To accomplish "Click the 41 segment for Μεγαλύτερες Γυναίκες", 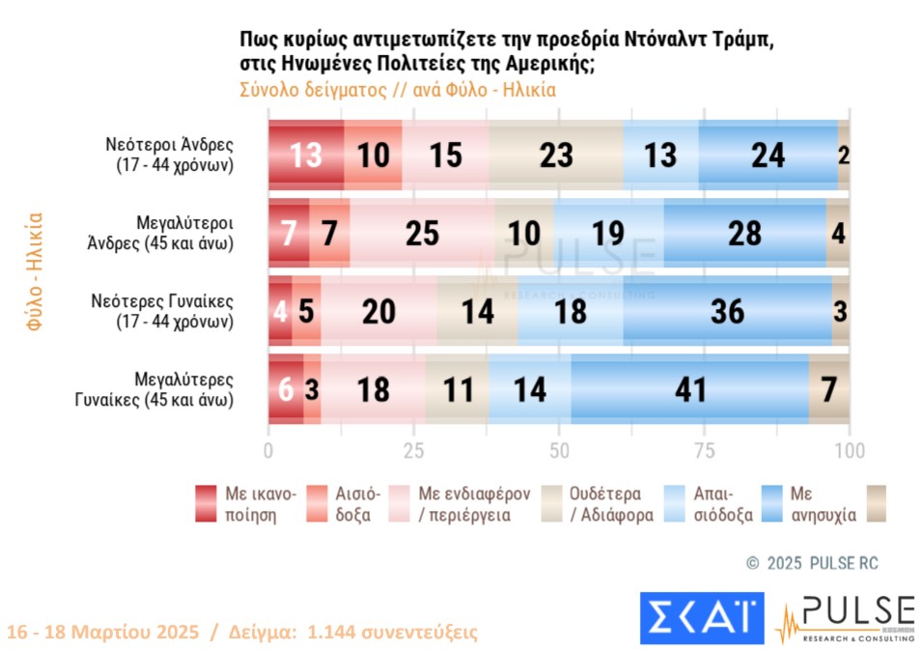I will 689,390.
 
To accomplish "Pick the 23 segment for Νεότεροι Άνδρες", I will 556,155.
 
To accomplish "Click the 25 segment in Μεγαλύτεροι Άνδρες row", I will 423,233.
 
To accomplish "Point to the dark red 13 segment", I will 306,155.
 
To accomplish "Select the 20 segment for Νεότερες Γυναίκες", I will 378,311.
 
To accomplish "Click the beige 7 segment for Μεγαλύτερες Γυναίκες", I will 829,390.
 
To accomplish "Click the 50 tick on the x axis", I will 559,451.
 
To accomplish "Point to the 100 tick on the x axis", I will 849,451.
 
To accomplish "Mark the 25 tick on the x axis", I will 414,451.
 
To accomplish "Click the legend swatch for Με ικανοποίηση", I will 206,503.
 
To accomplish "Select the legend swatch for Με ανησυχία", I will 772,503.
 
